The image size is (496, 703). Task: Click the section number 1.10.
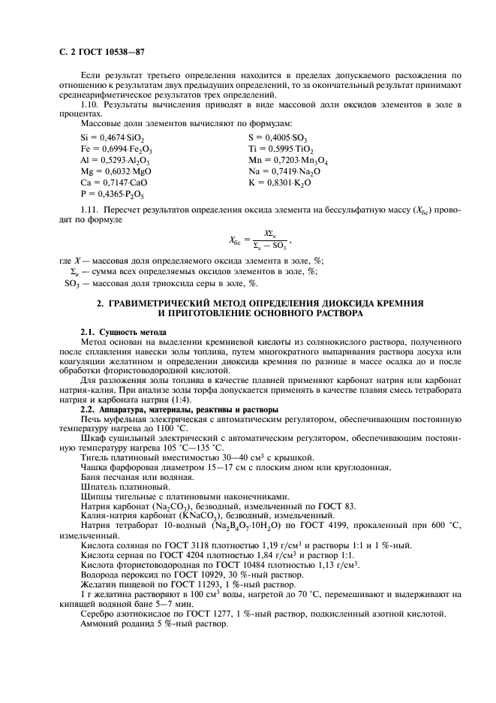click(x=89, y=104)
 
